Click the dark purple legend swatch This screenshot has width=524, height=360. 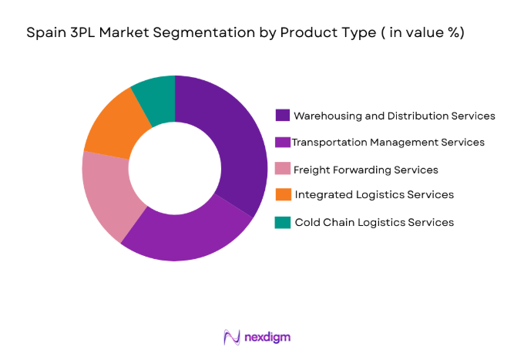pyautogui.click(x=283, y=116)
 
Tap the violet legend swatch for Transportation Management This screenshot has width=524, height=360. pyautogui.click(x=283, y=143)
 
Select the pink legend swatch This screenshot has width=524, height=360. pyautogui.click(x=283, y=169)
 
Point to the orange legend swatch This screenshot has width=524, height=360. pyautogui.click(x=283, y=195)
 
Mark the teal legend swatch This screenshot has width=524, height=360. pyautogui.click(x=283, y=222)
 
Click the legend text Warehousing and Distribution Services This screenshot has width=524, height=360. pyautogui.click(x=395, y=116)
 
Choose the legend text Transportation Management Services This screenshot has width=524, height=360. pyautogui.click(x=388, y=143)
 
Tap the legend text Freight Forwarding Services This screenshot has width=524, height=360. pyautogui.click(x=366, y=169)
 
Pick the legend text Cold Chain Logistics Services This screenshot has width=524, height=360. pyautogui.click(x=374, y=222)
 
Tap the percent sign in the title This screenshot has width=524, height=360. pyautogui.click(x=452, y=33)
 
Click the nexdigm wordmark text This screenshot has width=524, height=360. pyautogui.click(x=269, y=337)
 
